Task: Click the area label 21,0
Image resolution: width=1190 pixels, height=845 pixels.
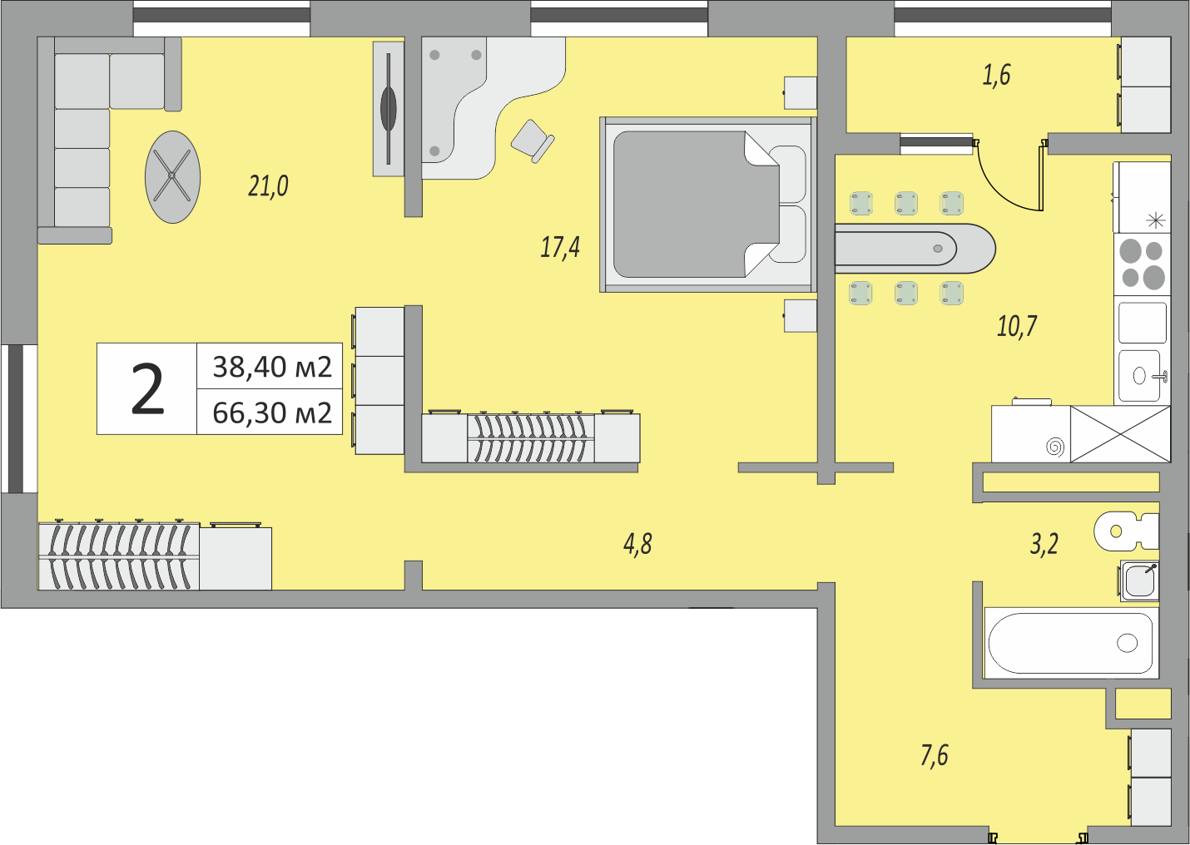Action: coord(268,185)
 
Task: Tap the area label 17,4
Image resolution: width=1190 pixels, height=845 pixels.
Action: coord(560,247)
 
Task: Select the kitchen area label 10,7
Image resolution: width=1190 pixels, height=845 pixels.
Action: coord(1017,326)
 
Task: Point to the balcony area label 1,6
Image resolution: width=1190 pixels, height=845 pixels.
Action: coord(996,75)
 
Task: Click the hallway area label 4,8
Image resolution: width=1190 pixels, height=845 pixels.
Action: coord(637,544)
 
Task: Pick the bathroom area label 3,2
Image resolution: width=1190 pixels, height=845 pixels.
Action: coord(1044,544)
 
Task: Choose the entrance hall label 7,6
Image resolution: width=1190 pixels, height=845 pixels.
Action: coord(935,755)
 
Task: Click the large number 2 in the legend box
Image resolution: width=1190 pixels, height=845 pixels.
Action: coord(147,389)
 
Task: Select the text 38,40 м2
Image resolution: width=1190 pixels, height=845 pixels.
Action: coord(272,367)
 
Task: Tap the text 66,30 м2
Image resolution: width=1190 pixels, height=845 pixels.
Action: coord(272,413)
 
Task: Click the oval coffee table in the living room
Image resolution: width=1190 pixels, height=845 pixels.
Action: coord(172,177)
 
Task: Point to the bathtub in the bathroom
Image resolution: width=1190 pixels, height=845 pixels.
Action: coord(1070,643)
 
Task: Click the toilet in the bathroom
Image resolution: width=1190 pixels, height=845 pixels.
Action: coord(1125,531)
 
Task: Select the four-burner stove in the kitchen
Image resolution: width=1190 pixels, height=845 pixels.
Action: coord(1142,264)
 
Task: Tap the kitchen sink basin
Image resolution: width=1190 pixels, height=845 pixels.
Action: coord(1140,376)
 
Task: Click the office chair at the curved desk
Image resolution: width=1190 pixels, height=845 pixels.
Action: coord(531,140)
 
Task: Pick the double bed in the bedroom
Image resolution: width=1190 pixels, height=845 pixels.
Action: coord(706,205)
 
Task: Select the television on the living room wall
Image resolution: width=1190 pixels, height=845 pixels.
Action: coord(388,108)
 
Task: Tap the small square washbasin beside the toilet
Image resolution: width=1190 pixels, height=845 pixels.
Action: coord(1139,581)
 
